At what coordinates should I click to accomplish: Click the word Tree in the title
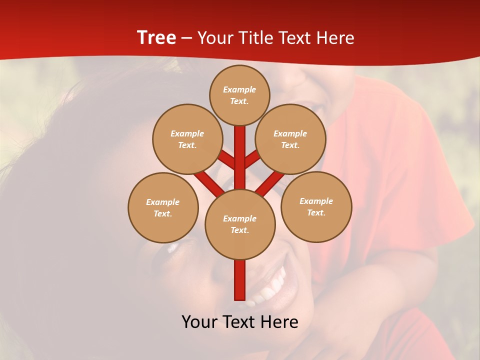(156, 38)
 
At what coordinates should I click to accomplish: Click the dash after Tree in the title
(186, 38)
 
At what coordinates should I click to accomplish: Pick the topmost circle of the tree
(239, 95)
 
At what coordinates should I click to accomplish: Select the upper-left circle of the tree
(187, 139)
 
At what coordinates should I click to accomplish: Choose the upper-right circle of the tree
(290, 139)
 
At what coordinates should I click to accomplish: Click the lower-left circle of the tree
(163, 207)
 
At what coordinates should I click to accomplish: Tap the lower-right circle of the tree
(316, 206)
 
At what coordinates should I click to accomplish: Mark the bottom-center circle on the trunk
(240, 224)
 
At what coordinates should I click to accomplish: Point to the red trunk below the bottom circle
(240, 280)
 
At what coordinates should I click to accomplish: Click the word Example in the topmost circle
(239, 89)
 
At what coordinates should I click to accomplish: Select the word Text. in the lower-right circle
(316, 212)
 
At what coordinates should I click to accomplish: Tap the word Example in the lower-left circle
(163, 202)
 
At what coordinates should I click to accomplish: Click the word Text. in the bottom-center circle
(239, 230)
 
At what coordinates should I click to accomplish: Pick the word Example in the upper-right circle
(290, 133)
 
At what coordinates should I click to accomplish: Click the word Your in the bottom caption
(199, 321)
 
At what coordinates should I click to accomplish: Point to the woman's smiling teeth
(270, 290)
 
